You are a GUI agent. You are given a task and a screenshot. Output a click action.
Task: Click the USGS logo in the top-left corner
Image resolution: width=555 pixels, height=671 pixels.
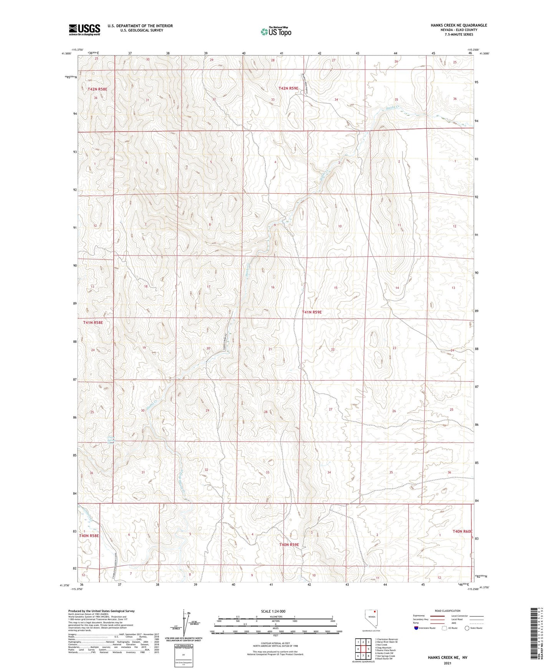84,29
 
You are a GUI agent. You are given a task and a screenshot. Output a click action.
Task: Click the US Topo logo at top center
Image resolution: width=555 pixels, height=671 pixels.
275,32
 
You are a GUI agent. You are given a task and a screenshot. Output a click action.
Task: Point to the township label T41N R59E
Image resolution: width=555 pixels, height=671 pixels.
311,312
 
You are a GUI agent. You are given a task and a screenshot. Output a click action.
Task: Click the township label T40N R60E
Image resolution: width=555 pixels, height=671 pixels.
462,531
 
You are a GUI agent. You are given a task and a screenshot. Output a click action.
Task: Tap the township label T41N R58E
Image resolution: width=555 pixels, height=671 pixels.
93,323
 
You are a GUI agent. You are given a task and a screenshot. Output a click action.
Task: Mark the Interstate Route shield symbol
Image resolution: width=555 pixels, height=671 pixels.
416,628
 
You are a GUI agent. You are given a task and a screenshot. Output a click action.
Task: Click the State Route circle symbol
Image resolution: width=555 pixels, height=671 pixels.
467,628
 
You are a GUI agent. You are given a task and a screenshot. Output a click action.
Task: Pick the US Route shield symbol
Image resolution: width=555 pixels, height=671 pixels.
445,628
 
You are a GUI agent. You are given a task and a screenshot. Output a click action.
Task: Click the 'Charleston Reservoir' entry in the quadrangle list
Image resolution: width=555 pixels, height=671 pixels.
387,639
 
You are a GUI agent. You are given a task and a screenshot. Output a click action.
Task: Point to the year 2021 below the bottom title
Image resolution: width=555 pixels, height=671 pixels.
447,663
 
